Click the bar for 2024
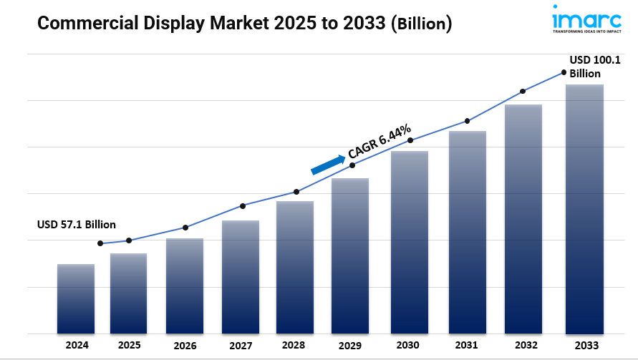pos(76,298)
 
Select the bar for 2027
pos(241,277)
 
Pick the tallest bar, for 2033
pos(584,209)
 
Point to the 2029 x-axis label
pos(350,345)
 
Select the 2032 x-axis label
pos(523,345)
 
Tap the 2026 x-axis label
pos(185,345)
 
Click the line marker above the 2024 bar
pos(100,243)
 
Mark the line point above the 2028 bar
pos(296,192)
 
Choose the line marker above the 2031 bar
pos(467,121)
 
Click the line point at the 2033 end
pos(564,72)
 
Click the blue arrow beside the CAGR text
pos(328,165)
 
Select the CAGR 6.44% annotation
pos(380,141)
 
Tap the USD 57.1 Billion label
pos(77,224)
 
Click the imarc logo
pos(586,19)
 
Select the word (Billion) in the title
pos(422,24)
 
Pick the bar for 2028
pos(295,267)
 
